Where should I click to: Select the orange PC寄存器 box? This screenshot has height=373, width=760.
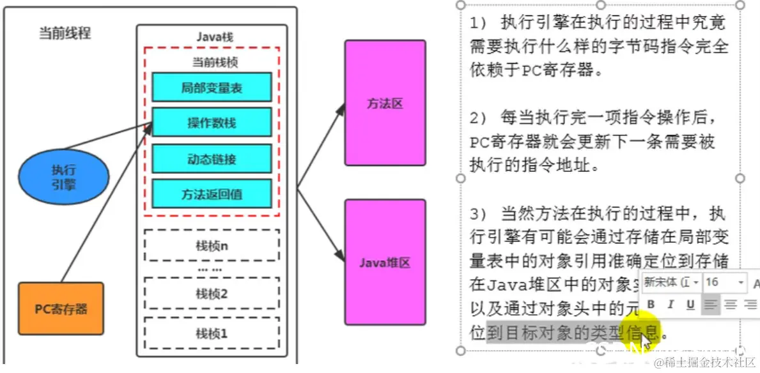(x=61, y=309)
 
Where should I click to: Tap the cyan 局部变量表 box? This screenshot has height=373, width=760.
(x=212, y=88)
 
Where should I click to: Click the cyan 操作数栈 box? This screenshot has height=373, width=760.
(x=212, y=123)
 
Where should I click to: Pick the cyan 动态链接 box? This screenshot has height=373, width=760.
(x=212, y=158)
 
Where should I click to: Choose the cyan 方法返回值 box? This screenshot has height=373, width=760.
(x=212, y=194)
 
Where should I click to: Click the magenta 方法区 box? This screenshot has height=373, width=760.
(x=385, y=103)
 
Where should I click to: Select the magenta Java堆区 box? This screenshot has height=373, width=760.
(x=385, y=263)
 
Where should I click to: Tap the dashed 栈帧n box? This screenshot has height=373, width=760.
(x=212, y=246)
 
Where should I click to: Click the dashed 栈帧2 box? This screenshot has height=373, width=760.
(x=212, y=294)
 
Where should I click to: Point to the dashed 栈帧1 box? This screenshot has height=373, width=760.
(x=212, y=333)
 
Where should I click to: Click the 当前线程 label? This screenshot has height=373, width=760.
(x=65, y=33)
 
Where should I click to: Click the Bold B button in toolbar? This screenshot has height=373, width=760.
(x=651, y=305)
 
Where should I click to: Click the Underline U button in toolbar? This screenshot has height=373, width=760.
(x=690, y=305)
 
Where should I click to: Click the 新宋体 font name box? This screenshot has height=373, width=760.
(x=671, y=282)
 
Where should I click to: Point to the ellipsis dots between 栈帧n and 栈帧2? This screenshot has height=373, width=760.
(x=211, y=270)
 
